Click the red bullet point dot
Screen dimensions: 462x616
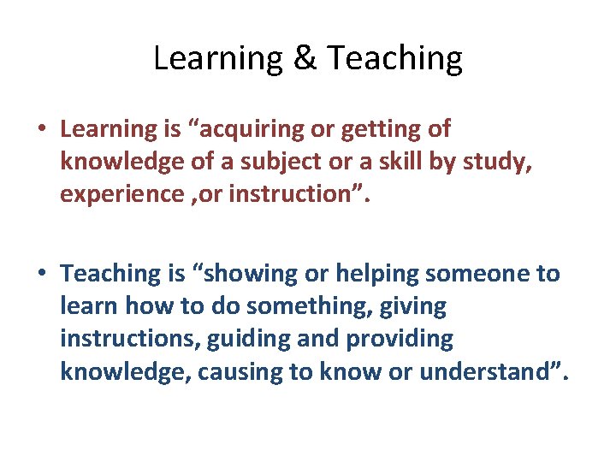point(41,130)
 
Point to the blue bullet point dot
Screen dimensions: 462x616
point(41,275)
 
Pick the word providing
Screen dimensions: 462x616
point(400,340)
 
